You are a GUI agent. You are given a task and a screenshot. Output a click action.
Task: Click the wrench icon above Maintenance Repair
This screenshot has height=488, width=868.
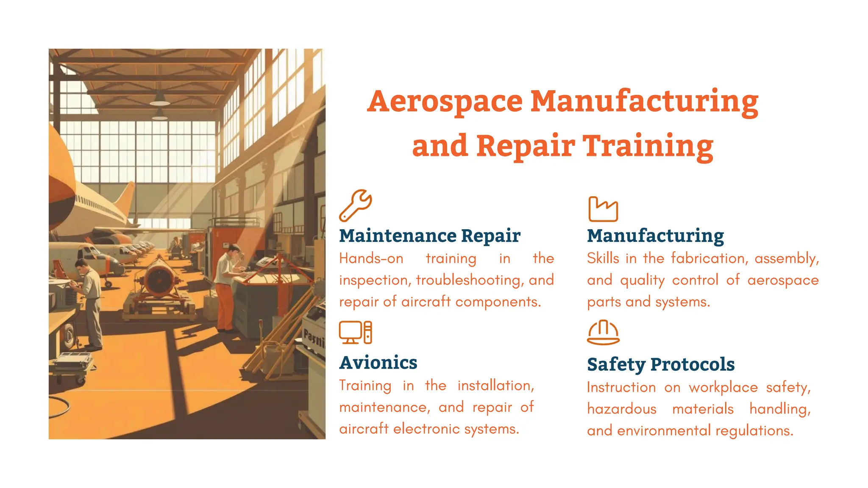click(x=355, y=205)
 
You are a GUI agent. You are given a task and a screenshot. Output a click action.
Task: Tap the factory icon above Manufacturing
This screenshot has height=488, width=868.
click(x=603, y=209)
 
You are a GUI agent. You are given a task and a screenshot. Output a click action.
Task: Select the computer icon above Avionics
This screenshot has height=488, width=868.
click(x=356, y=332)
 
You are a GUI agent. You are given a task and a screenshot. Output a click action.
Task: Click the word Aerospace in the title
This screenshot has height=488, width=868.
click(x=445, y=102)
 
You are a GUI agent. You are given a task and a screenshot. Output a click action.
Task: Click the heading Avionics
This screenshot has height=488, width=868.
click(x=378, y=363)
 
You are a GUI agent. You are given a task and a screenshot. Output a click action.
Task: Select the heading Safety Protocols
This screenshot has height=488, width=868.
click(x=661, y=364)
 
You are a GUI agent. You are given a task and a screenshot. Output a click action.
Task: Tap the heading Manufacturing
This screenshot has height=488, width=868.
click(x=655, y=236)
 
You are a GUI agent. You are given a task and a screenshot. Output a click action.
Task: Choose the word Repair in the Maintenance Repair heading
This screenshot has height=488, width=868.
click(x=490, y=236)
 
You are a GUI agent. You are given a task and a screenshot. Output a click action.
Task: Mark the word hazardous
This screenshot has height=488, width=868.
click(x=621, y=409)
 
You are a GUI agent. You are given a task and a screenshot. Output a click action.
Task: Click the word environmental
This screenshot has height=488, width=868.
click(x=664, y=431)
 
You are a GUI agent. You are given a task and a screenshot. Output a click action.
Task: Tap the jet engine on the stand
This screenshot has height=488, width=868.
click(x=159, y=280)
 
